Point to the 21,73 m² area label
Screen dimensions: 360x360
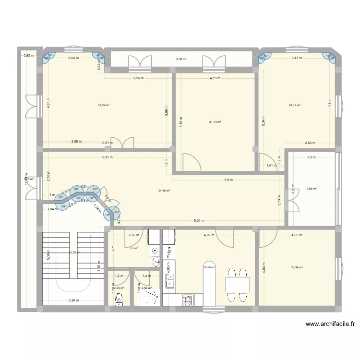tap(215, 122)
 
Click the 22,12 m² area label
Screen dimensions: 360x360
tap(294, 106)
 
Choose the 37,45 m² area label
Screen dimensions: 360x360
tap(164, 191)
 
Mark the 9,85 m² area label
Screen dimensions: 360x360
tap(312, 189)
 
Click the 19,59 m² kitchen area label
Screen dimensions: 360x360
tap(209, 268)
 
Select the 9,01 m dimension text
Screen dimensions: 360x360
tap(199, 221)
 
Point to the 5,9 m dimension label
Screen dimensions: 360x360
tap(228, 180)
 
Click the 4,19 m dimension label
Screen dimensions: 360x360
tap(214, 78)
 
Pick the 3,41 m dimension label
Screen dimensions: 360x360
tap(298, 59)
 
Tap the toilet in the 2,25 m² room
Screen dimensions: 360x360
tap(119, 299)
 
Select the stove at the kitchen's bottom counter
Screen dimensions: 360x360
tap(187, 300)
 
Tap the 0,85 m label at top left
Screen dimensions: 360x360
tap(28, 55)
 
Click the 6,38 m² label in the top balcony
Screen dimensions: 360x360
tap(181, 59)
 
